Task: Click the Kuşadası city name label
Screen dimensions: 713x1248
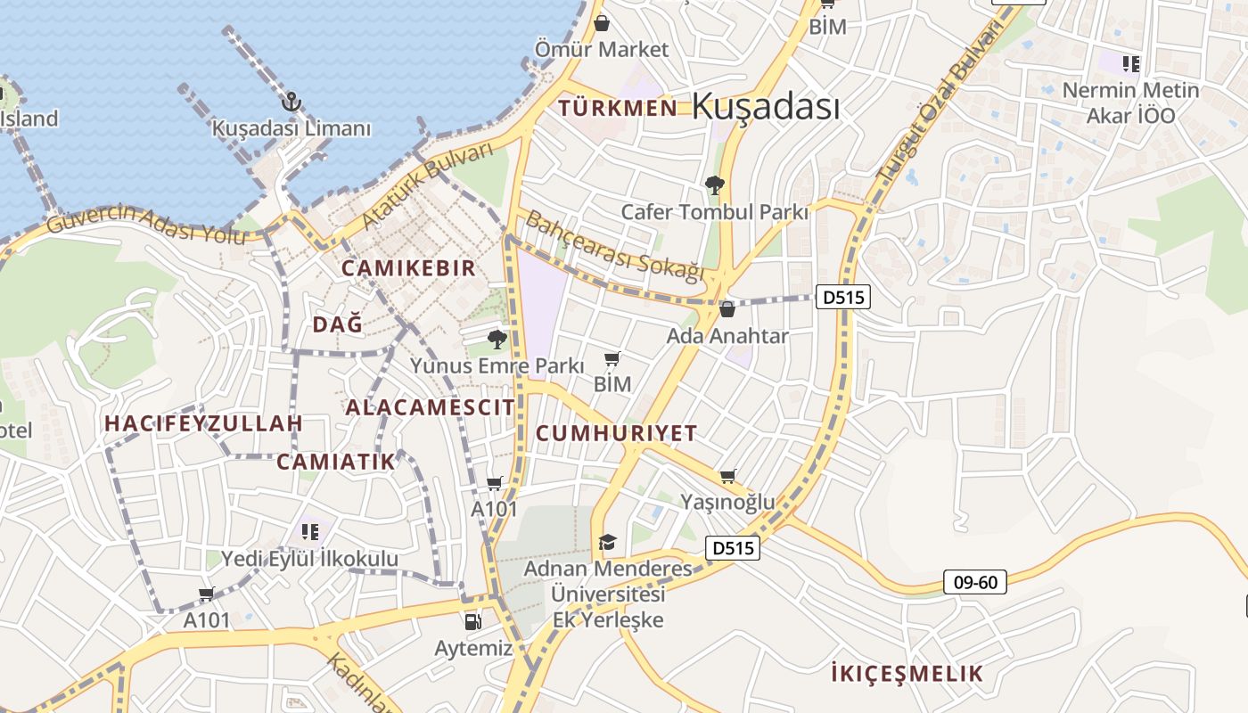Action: pos(766,107)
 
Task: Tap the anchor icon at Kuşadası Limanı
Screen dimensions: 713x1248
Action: pos(291,102)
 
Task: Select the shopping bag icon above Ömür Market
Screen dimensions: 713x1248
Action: pos(602,22)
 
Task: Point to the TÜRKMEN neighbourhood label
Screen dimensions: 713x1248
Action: pos(618,109)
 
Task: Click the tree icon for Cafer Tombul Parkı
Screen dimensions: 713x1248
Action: pos(714,185)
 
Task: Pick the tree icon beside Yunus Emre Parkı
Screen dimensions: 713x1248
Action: pos(497,339)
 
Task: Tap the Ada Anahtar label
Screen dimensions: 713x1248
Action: pos(727,336)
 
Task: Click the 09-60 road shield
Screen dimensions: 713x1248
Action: pos(975,583)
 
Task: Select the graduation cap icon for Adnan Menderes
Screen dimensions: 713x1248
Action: pos(607,542)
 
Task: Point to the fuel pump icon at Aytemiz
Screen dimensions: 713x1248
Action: pos(472,621)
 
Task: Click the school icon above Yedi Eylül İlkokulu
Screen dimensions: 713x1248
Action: pos(310,532)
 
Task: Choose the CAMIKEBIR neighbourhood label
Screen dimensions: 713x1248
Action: pos(408,268)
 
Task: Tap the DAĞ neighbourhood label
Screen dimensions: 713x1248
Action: pos(338,324)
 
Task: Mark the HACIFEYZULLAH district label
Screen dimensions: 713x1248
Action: pos(203,423)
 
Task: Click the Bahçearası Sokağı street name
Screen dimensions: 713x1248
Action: pos(614,246)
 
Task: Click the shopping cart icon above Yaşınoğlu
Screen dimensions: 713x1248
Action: pos(727,477)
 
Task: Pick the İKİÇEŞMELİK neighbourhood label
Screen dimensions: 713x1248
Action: pos(906,674)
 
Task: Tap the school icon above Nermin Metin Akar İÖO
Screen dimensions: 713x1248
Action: pos(1131,63)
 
